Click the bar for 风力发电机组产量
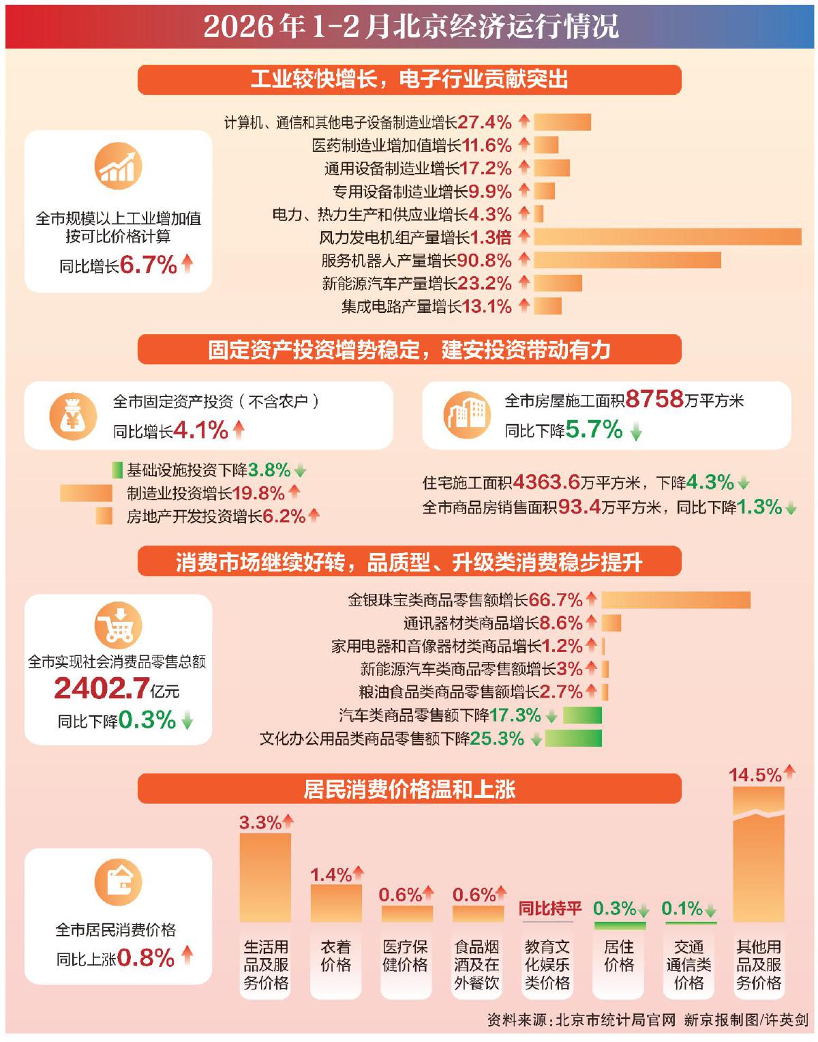pyautogui.click(x=667, y=237)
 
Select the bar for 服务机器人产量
pyautogui.click(x=627, y=260)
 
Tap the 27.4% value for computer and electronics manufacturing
pyautogui.click(x=485, y=122)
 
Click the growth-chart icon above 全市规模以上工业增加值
pyautogui.click(x=118, y=166)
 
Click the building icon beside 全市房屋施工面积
pyautogui.click(x=467, y=415)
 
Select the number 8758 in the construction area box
pyautogui.click(x=654, y=399)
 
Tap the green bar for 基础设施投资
pyautogui.click(x=117, y=470)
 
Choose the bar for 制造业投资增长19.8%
pyautogui.click(x=86, y=493)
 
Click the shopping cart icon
pyautogui.click(x=118, y=625)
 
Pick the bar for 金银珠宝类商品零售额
pyautogui.click(x=676, y=600)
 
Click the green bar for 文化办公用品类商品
pyautogui.click(x=573, y=739)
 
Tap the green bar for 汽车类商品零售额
pyautogui.click(x=582, y=715)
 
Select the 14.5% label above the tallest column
pyautogui.click(x=755, y=775)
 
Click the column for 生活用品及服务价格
pyautogui.click(x=265, y=878)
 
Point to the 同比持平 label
pyautogui.click(x=549, y=908)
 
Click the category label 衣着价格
pyautogui.click(x=336, y=956)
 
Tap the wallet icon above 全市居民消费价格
pyautogui.click(x=118, y=882)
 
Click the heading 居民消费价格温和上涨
pyautogui.click(x=409, y=790)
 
